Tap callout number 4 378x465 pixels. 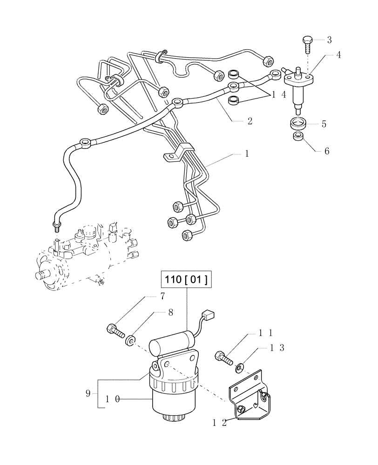point(338,55)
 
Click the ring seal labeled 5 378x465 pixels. point(298,124)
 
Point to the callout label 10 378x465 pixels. point(112,398)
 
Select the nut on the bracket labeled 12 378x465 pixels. point(242,409)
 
